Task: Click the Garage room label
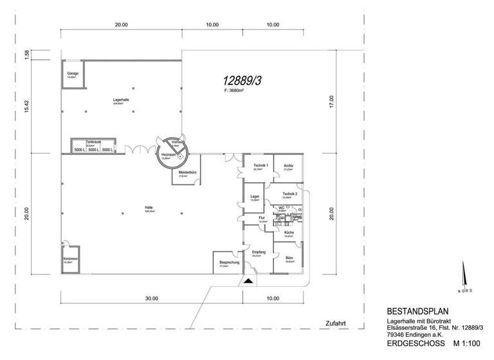click(x=73, y=73)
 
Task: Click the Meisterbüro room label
click(x=183, y=172)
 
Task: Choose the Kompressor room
click(x=70, y=258)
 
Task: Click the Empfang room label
click(x=259, y=252)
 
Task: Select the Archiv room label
click(x=288, y=166)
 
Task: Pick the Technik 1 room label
click(x=260, y=166)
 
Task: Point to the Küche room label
click(x=289, y=232)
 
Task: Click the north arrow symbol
click(x=464, y=278)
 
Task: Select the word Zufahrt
click(x=336, y=323)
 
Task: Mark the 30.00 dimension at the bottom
click(x=151, y=298)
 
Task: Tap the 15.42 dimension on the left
click(x=27, y=107)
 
